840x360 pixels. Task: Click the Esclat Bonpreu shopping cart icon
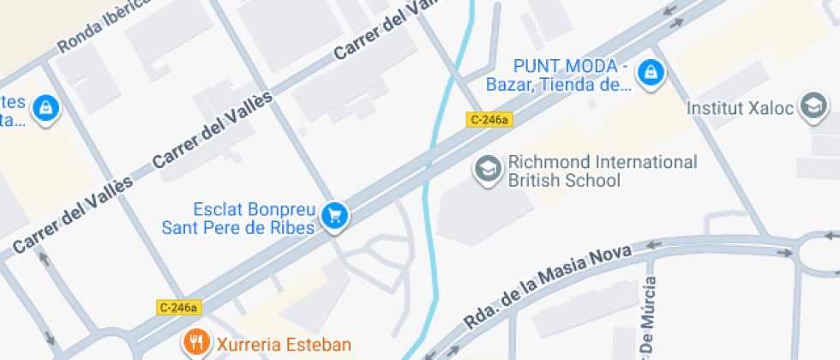(334, 215)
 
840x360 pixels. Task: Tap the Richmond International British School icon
(488, 169)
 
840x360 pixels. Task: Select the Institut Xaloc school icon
(812, 107)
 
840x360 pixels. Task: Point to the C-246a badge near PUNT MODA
(489, 120)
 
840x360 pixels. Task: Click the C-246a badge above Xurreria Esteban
(178, 307)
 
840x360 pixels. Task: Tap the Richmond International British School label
(603, 171)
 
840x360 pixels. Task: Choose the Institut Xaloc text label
(742, 109)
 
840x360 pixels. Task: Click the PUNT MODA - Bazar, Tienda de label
(560, 75)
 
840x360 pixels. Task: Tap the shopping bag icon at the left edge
(45, 109)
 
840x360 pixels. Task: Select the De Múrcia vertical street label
(650, 317)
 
